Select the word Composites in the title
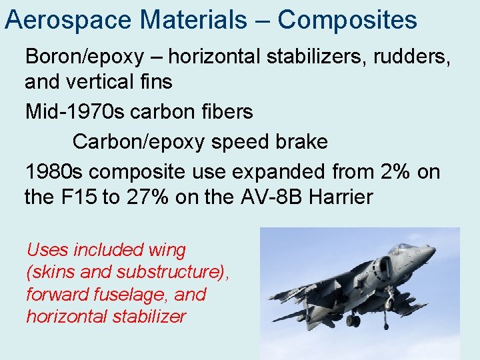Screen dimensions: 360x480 (x=347, y=20)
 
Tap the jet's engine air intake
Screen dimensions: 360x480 (x=381, y=269)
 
